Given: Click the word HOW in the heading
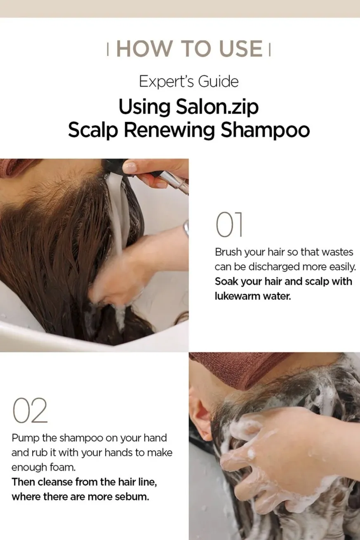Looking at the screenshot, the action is (144, 49).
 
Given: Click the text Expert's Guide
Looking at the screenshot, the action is (189, 82).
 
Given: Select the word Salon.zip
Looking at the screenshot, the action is (217, 107).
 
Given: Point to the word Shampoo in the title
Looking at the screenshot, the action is (265, 131).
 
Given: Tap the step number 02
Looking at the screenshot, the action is (30, 411).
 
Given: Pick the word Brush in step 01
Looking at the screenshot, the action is (228, 252).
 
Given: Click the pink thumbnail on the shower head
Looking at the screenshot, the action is (130, 167).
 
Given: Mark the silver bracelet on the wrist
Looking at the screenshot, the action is (186, 228).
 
